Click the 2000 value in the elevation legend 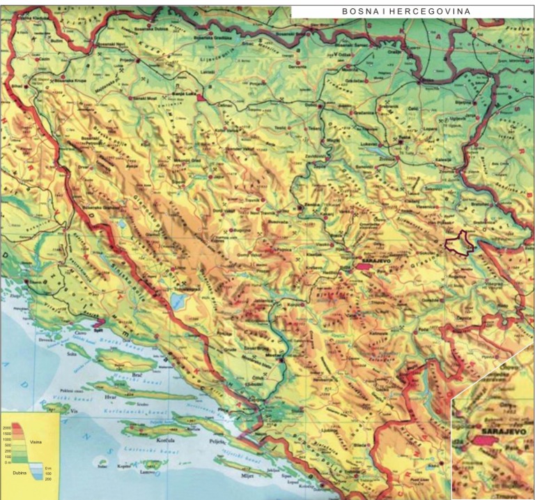[x=7, y=427]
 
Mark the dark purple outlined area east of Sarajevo [x=458, y=243]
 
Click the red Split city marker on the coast [x=97, y=323]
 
